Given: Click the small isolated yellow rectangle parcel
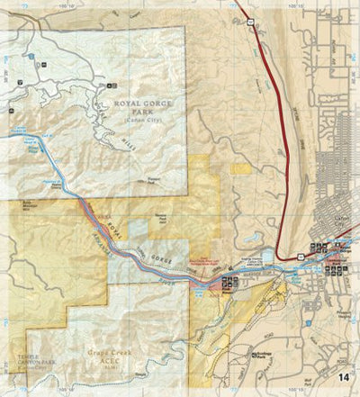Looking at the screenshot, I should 239,167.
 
